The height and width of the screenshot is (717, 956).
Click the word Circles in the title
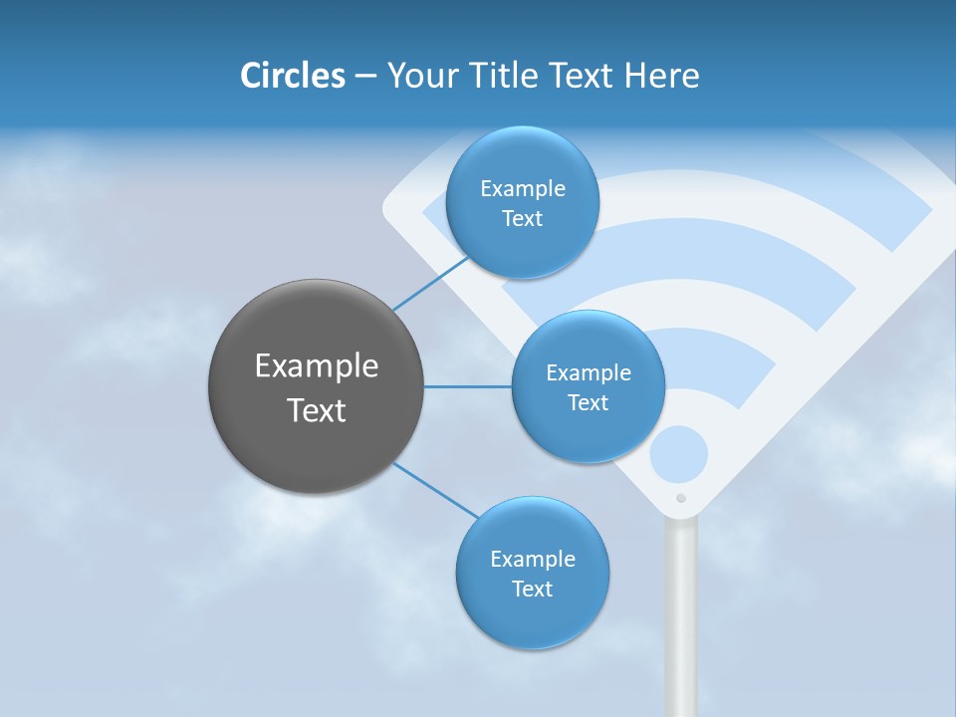(292, 76)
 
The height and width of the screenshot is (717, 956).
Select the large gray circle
(317, 386)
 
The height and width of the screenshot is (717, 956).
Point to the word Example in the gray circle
(317, 366)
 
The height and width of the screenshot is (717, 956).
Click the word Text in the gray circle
(317, 410)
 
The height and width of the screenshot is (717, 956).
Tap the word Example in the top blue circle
(523, 189)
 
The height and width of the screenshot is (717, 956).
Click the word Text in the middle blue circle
(588, 403)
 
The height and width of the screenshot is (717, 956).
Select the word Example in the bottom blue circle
(533, 560)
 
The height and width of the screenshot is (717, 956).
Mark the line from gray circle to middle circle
(468, 386)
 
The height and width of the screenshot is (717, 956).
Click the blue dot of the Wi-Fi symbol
(679, 455)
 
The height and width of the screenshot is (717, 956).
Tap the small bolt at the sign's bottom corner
(681, 498)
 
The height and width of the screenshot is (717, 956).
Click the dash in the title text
(365, 77)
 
